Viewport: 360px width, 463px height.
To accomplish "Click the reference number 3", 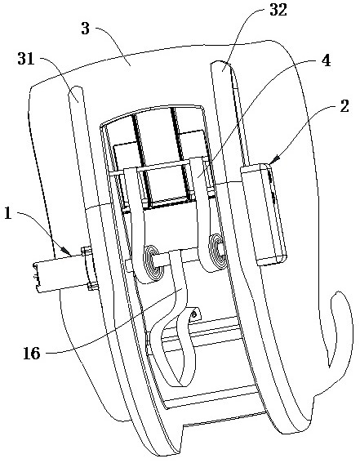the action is pyautogui.click(x=85, y=29).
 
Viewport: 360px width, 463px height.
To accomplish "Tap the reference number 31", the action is pyautogui.click(x=26, y=59).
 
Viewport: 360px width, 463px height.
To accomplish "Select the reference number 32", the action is pyautogui.click(x=278, y=11).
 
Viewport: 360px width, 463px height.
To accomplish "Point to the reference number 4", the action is pyautogui.click(x=326, y=60).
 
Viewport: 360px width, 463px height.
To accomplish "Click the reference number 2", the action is pyautogui.click(x=344, y=105).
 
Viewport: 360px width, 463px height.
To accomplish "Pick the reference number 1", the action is pyautogui.click(x=8, y=213).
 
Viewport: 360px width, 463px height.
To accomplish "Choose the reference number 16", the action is pyautogui.click(x=32, y=353).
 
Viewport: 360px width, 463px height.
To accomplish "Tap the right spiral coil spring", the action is pyautogui.click(x=218, y=252).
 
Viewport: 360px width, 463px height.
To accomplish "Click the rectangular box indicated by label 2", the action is pyautogui.click(x=264, y=215).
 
